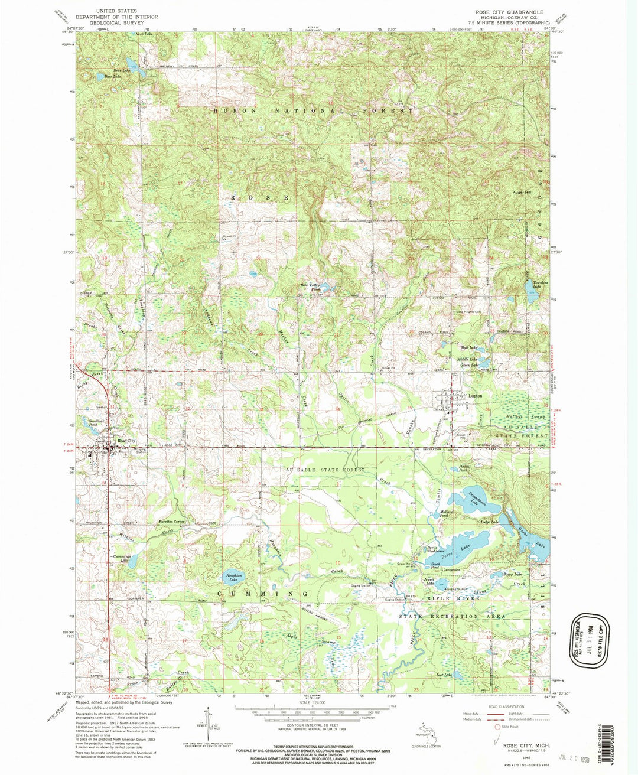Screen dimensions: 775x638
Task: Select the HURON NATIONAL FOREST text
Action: [x=313, y=110]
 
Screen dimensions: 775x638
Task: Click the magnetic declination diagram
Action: [x=207, y=719]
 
